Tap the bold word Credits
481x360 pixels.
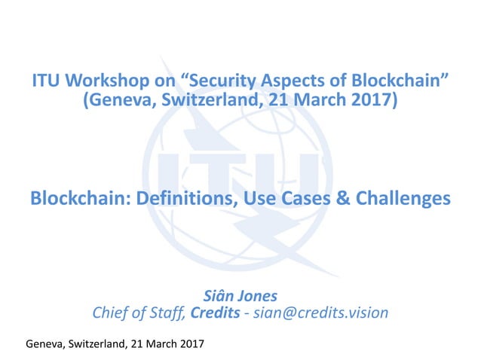pos(210,312)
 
